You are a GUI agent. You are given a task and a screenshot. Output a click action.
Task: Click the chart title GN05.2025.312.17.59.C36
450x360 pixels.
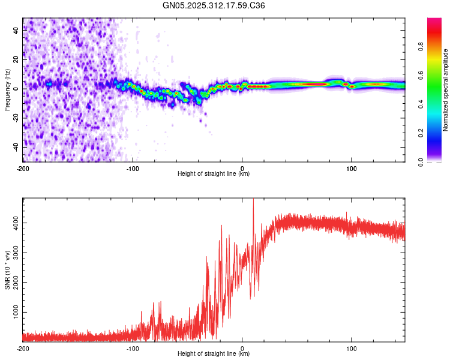point(214,5)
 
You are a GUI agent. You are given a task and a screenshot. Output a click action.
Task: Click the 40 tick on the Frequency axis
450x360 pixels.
point(16,31)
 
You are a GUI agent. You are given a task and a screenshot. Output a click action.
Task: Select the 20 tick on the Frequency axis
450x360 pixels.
point(16,60)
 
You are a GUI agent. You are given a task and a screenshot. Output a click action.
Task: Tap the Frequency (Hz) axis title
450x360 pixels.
point(7,89)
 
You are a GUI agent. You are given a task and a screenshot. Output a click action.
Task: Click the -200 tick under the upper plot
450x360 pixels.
point(23,167)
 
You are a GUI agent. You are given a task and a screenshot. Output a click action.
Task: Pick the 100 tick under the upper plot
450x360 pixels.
point(351,167)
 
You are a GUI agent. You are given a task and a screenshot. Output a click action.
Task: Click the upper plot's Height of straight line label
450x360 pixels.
point(214,174)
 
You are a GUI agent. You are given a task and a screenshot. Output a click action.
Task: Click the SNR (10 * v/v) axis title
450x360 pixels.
point(7,270)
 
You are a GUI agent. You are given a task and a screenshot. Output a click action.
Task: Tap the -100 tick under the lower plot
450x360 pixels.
point(133,347)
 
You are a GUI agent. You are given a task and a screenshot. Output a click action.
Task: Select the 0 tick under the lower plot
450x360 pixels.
point(242,347)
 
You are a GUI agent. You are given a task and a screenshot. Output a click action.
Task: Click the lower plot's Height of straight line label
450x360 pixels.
point(214,354)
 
